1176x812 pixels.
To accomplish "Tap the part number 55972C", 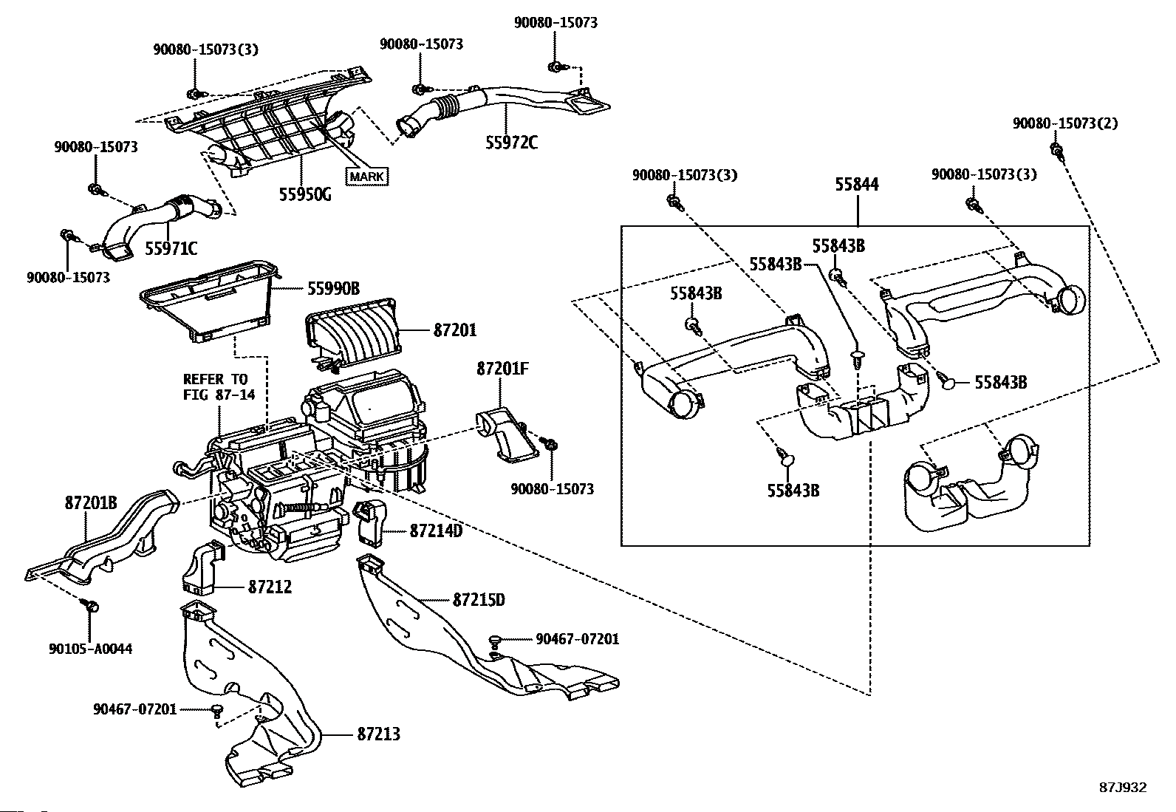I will pos(512,143).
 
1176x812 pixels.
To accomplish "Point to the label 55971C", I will pos(171,248).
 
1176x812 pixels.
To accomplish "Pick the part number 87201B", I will pos(92,503).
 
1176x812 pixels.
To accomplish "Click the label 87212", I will pos(270,587).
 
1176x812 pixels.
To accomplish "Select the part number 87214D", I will pos(436,530).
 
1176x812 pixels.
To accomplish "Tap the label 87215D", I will pos(479,600).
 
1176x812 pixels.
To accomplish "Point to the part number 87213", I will pos(379,734).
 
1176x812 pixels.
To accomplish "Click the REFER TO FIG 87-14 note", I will pos(219,387).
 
